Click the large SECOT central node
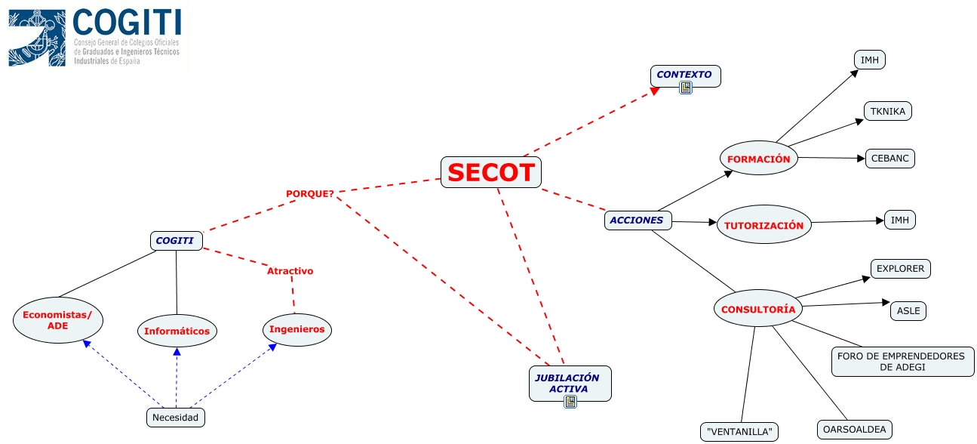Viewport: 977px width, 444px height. click(x=491, y=172)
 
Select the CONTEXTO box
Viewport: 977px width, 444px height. click(x=684, y=75)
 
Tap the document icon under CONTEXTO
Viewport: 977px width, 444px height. click(x=685, y=88)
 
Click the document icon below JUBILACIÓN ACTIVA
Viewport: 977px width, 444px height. click(x=570, y=402)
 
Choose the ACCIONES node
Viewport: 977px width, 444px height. click(x=638, y=220)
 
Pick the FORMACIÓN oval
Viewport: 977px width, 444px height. click(x=758, y=159)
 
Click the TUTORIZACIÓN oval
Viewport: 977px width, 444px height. click(x=763, y=225)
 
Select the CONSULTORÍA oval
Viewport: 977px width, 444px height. click(x=758, y=309)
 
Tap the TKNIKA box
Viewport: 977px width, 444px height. click(x=888, y=111)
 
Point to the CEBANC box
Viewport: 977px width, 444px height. click(x=890, y=159)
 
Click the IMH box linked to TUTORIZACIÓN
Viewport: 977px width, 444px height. click(x=899, y=220)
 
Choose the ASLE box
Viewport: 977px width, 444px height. click(x=908, y=310)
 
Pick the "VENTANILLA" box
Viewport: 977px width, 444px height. click(x=739, y=432)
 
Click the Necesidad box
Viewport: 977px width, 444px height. click(x=175, y=417)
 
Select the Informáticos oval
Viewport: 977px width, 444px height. click(x=177, y=331)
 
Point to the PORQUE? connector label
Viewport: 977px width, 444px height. click(x=309, y=193)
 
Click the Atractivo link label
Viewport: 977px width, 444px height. click(x=290, y=270)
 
